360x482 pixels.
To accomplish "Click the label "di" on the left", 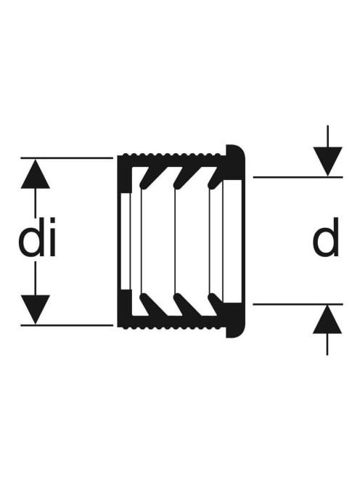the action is [37, 237].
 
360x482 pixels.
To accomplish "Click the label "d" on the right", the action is [326, 237].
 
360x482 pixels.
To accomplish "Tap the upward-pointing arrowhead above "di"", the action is [36, 173].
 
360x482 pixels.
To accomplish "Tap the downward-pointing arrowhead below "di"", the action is [36, 309].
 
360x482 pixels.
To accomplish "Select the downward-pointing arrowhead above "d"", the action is [328, 162].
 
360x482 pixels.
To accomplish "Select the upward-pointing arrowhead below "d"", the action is [327, 319].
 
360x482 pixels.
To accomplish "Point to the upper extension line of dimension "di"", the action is [67, 158].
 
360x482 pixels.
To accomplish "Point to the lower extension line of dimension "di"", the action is [67, 325].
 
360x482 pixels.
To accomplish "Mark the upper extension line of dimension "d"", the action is [298, 177].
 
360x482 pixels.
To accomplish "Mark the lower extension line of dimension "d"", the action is [298, 304].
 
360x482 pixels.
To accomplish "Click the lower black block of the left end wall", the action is [125, 308].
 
